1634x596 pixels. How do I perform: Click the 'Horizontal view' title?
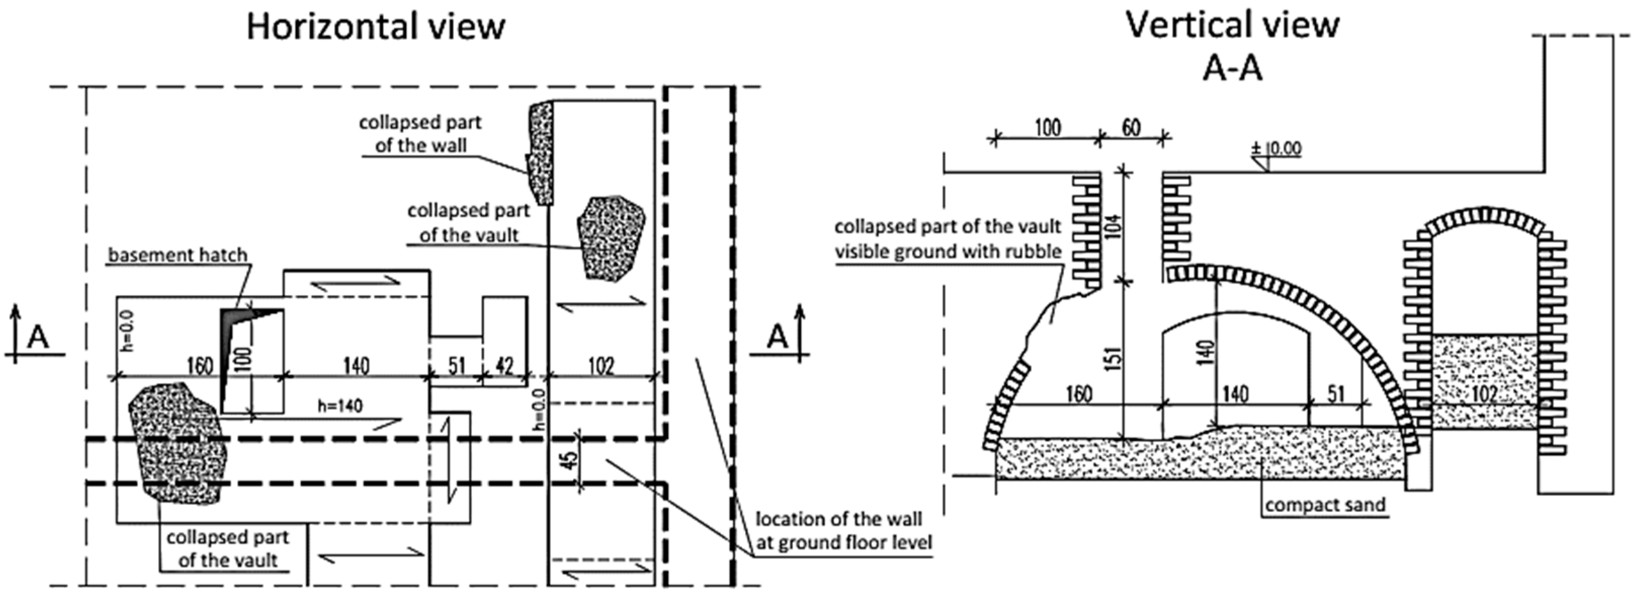(375, 27)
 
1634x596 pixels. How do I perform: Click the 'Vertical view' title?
(1232, 25)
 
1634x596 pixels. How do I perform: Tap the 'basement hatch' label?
(177, 255)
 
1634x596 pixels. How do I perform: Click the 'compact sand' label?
(1325, 505)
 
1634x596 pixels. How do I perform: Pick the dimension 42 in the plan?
(504, 366)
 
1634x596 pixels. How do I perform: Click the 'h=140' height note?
(340, 405)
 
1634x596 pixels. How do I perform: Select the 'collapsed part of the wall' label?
(420, 134)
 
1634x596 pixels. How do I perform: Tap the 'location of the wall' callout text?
(839, 519)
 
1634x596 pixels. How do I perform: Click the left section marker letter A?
(38, 337)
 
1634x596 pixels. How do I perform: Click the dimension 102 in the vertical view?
(1484, 393)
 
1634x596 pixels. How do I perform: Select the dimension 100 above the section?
(1047, 128)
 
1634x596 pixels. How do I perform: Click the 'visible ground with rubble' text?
(948, 251)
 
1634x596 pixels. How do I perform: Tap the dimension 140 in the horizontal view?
(356, 366)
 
